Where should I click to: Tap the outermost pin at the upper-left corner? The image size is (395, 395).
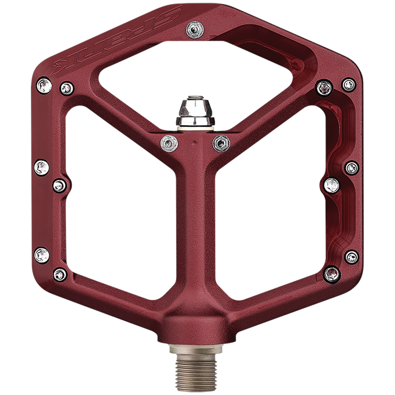click(44, 85)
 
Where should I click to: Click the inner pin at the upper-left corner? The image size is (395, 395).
click(67, 88)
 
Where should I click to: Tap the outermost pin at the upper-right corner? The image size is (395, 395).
click(349, 84)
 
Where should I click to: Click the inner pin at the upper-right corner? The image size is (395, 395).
click(325, 88)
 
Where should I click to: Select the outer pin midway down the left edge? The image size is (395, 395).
click(42, 167)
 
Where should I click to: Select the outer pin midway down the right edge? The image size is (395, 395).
click(352, 167)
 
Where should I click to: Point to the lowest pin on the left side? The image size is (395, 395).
click(60, 275)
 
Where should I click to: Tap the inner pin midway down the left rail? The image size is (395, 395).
click(60, 185)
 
